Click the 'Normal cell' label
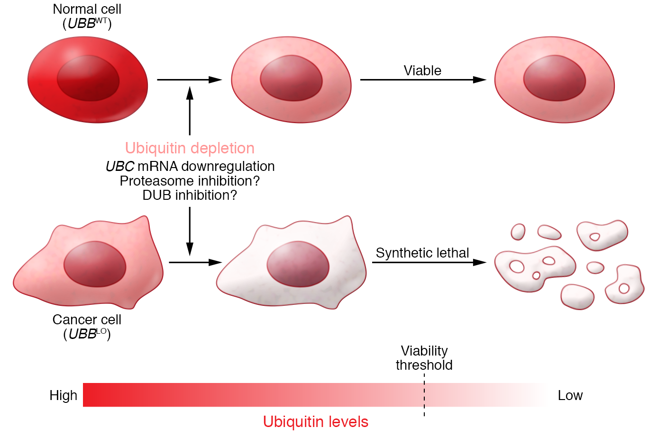coord(87,9)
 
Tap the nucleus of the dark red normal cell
coord(88,78)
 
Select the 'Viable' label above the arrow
coord(422,71)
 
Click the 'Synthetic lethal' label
coord(422,253)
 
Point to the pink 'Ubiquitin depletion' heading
coord(190,148)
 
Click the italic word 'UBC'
coord(120,167)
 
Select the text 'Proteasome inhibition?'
coord(190,181)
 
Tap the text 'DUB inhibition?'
coord(190,195)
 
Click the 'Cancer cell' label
coord(87,320)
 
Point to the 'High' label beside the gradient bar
coord(63,395)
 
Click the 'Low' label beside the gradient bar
coord(570,395)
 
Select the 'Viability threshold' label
coord(424,358)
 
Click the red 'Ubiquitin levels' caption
coord(316,421)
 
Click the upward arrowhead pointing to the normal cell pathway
coord(190,92)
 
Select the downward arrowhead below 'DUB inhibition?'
coord(190,249)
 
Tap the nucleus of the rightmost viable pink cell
coord(555,78)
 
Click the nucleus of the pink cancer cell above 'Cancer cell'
coord(95,264)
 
